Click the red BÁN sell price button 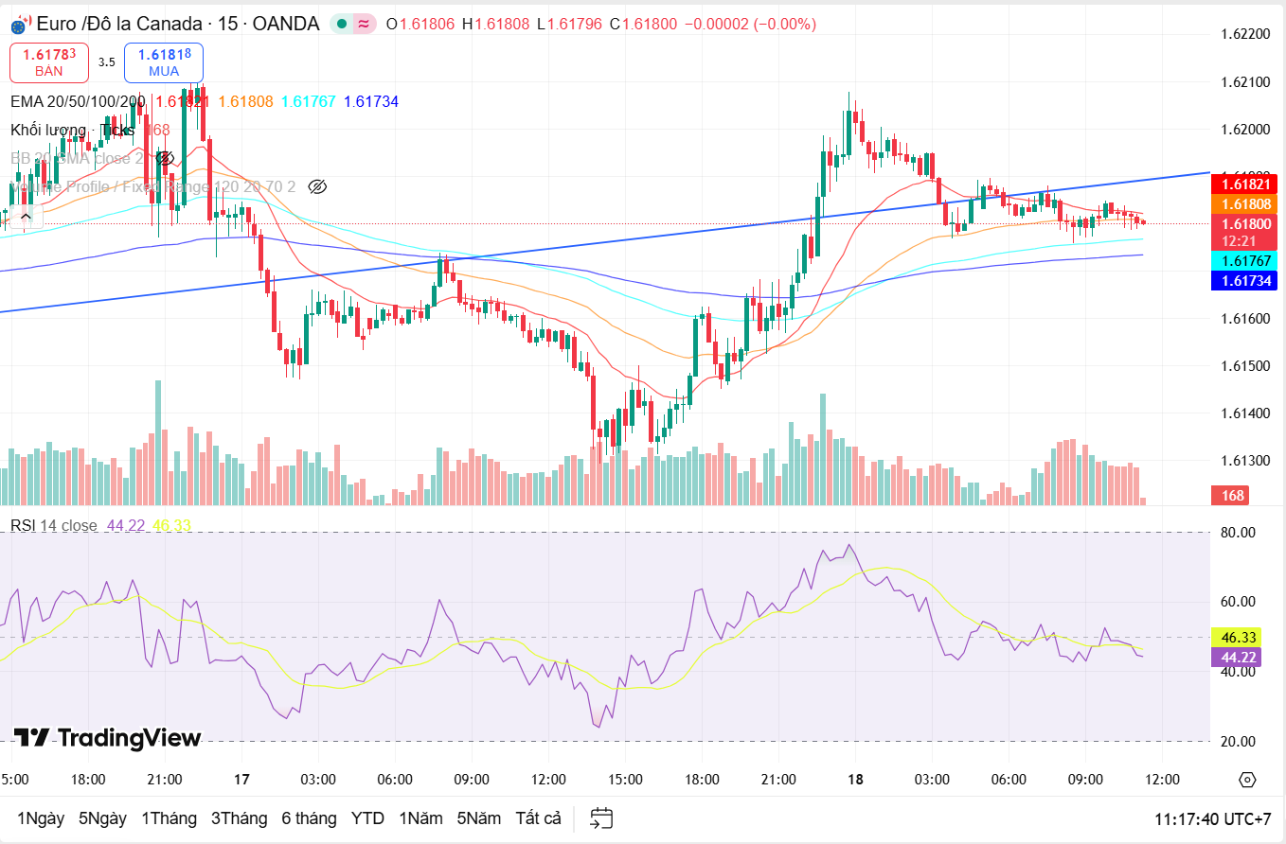click(x=49, y=62)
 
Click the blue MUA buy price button click(x=163, y=62)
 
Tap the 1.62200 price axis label click(x=1245, y=34)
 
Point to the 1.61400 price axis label click(x=1245, y=413)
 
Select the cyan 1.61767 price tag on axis click(x=1244, y=260)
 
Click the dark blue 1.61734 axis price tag click(x=1244, y=280)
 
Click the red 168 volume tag click(x=1232, y=495)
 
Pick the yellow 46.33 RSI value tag click(x=1238, y=637)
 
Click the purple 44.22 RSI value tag click(x=1238, y=657)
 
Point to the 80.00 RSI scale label click(x=1238, y=533)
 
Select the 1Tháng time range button click(x=169, y=818)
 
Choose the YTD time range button click(x=367, y=818)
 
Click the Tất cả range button click(x=538, y=818)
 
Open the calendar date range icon click(x=601, y=818)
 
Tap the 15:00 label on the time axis click(x=625, y=780)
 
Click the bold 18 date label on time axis click(x=855, y=780)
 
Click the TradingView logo click(x=107, y=738)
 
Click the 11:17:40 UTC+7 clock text click(x=1212, y=818)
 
